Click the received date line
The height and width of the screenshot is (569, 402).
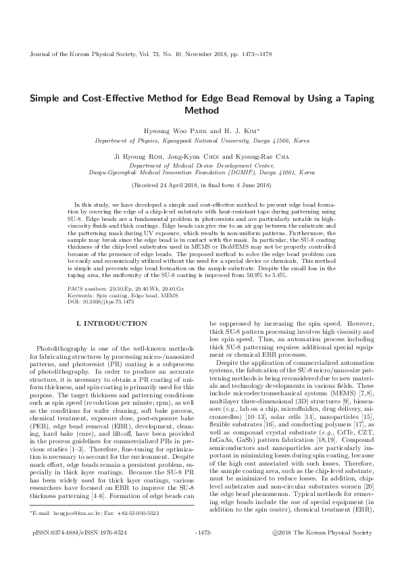(201, 184)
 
